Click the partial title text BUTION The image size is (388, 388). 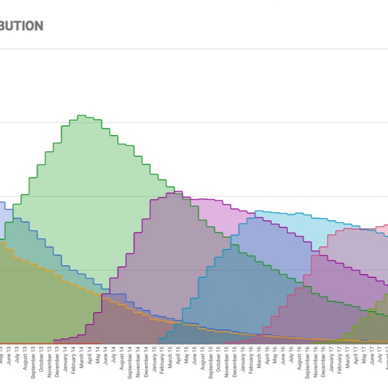pyautogui.click(x=21, y=26)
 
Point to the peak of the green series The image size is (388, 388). pyautogui.click(x=81, y=115)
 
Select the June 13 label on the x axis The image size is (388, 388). pyautogui.click(x=9, y=355)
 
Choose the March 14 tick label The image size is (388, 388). pyautogui.click(x=81, y=357)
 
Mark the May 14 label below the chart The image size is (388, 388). pyautogui.click(x=98, y=355)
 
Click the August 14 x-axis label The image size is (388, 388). pyautogui.click(x=122, y=358)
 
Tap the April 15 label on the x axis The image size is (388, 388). pyautogui.click(x=178, y=356)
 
